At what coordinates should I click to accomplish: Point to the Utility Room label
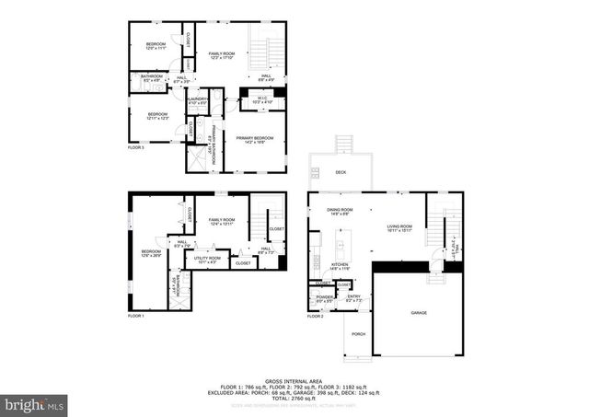click(x=202, y=261)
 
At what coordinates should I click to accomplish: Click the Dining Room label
click(x=340, y=212)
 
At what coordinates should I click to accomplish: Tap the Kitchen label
click(x=341, y=264)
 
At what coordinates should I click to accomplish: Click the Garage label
click(x=419, y=313)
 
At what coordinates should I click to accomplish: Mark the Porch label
click(x=358, y=334)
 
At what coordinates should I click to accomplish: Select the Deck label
click(x=341, y=172)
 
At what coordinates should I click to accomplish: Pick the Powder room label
click(x=325, y=298)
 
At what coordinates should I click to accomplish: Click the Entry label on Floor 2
click(x=354, y=298)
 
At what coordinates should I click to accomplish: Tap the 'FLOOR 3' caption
click(x=136, y=147)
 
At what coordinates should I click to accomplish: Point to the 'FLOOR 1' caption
click(x=136, y=316)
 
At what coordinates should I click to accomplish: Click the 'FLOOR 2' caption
click(x=315, y=316)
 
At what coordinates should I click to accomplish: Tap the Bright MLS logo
click(x=35, y=403)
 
